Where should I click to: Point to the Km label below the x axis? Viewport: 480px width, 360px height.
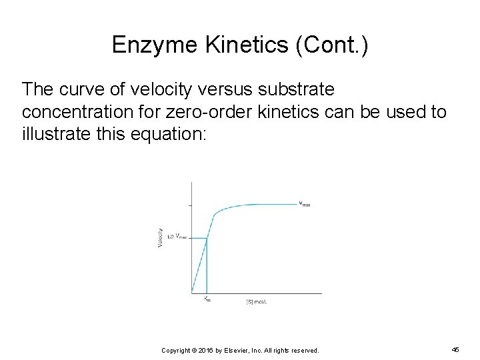[207, 300]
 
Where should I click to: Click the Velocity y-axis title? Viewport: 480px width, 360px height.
[161, 239]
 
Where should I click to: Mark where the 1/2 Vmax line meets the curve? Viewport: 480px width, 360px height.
[207, 237]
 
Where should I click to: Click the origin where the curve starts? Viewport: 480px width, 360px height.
[192, 293]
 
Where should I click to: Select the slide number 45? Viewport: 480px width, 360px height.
[455, 349]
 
